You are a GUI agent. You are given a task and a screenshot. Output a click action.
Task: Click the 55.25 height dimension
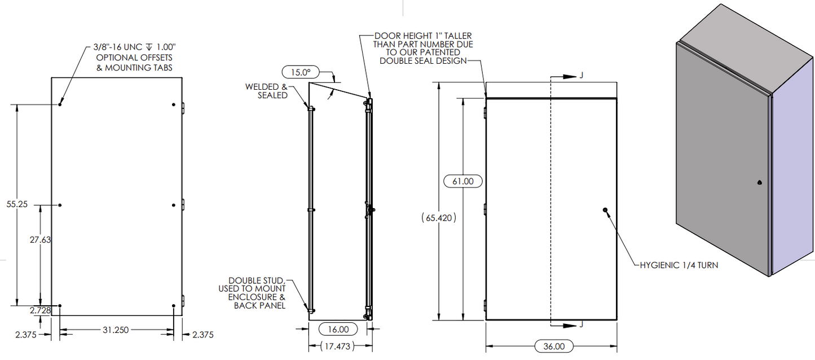point(17,204)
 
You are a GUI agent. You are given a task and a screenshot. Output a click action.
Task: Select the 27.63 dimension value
point(41,240)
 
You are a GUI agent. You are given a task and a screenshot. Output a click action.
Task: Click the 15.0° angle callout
point(301,72)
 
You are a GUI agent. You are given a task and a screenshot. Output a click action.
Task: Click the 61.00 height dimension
point(463,181)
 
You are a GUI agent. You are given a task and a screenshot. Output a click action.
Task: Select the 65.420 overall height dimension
point(439,217)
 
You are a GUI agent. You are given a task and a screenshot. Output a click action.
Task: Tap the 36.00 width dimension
point(553,346)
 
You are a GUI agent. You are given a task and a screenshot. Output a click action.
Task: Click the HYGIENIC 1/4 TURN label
point(679,265)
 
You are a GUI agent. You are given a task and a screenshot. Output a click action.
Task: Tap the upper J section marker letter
point(581,76)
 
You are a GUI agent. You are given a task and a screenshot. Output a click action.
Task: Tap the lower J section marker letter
point(581,325)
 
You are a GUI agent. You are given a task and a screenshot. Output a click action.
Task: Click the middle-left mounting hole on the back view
point(60,205)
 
